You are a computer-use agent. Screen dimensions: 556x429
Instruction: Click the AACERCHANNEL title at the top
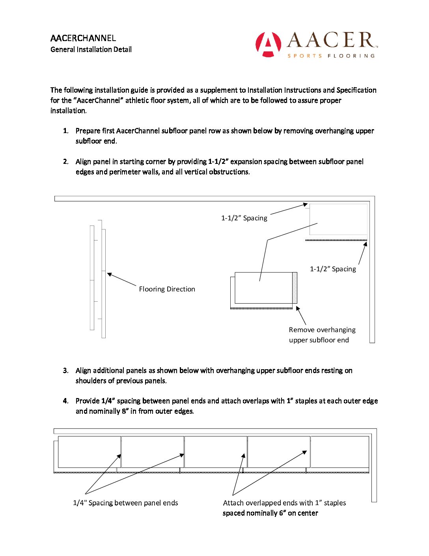coord(83,38)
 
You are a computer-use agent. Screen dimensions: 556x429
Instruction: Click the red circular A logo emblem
coord(268,44)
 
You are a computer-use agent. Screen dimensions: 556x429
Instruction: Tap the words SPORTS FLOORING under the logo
coord(331,56)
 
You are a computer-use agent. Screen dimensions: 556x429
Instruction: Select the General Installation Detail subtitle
coord(91,49)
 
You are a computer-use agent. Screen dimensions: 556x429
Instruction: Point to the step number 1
coord(65,131)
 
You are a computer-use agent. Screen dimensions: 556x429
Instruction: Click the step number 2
coord(65,162)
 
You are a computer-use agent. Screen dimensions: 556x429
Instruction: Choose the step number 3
coord(65,370)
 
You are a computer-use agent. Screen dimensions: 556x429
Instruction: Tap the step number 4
coord(65,401)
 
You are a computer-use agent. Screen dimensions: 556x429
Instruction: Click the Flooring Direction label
coord(167,289)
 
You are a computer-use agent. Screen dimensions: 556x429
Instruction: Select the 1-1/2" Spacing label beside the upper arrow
coord(244,218)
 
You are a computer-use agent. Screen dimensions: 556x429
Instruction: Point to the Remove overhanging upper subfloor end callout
coord(322,335)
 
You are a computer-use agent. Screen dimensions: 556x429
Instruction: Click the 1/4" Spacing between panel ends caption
coord(125,503)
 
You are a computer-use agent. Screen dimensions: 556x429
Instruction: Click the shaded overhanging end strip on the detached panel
coord(295,288)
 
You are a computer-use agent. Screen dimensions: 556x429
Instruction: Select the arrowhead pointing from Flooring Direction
coord(109,274)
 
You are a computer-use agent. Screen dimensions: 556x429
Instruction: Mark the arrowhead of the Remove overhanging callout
coord(298,308)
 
